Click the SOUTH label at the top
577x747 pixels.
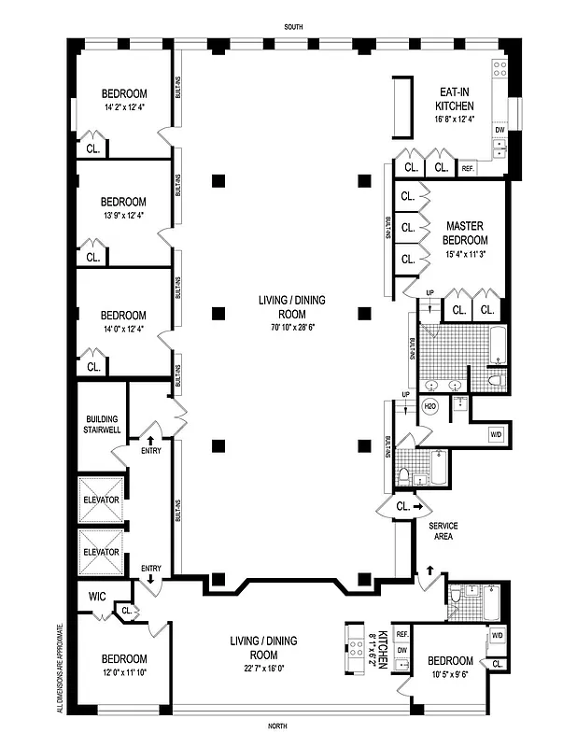pyautogui.click(x=293, y=27)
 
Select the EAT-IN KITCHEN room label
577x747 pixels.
pyautogui.click(x=460, y=99)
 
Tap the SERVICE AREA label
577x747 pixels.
pyautogui.click(x=443, y=531)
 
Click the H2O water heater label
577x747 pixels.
pyautogui.click(x=430, y=407)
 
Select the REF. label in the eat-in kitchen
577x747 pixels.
pyautogui.click(x=468, y=169)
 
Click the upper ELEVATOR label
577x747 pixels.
pyautogui.click(x=101, y=500)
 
